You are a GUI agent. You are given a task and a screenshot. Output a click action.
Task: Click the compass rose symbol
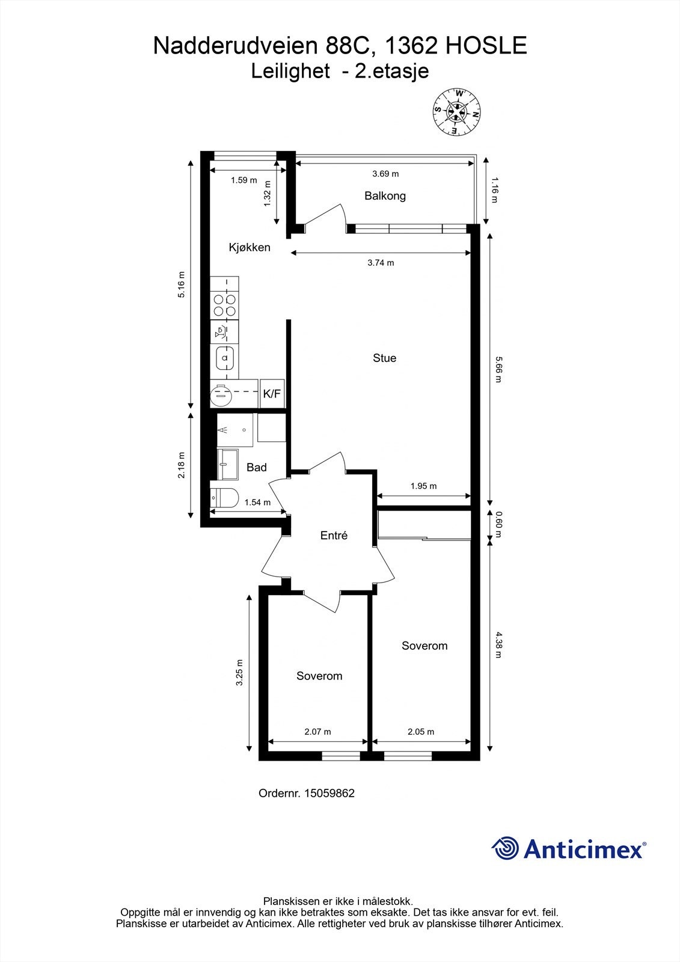(456, 112)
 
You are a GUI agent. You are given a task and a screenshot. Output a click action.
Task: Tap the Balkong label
(385, 196)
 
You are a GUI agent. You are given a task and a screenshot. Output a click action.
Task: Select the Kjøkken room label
(250, 247)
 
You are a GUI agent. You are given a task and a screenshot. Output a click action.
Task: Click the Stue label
(384, 358)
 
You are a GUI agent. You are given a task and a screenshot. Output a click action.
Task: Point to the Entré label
(334, 535)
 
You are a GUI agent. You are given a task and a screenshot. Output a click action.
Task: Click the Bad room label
(257, 467)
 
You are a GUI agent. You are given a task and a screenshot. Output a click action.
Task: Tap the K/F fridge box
(272, 393)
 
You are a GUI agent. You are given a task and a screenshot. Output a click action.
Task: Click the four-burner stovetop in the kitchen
(224, 305)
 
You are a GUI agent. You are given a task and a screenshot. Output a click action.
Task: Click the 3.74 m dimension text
(381, 263)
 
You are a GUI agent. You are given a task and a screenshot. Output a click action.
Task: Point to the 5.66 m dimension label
(498, 369)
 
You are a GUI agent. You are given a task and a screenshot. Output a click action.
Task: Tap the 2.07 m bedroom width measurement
(318, 731)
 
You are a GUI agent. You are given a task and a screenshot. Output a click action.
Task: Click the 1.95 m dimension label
(423, 486)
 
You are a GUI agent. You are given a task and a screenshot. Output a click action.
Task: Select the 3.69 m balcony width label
(385, 174)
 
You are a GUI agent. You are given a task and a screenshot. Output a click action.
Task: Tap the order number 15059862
(329, 793)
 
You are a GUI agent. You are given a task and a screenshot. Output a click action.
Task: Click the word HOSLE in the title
(486, 46)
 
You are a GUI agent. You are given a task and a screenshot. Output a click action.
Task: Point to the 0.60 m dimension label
(498, 524)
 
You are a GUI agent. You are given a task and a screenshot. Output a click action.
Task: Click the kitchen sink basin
(224, 357)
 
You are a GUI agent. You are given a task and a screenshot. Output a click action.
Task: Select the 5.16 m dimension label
(182, 284)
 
